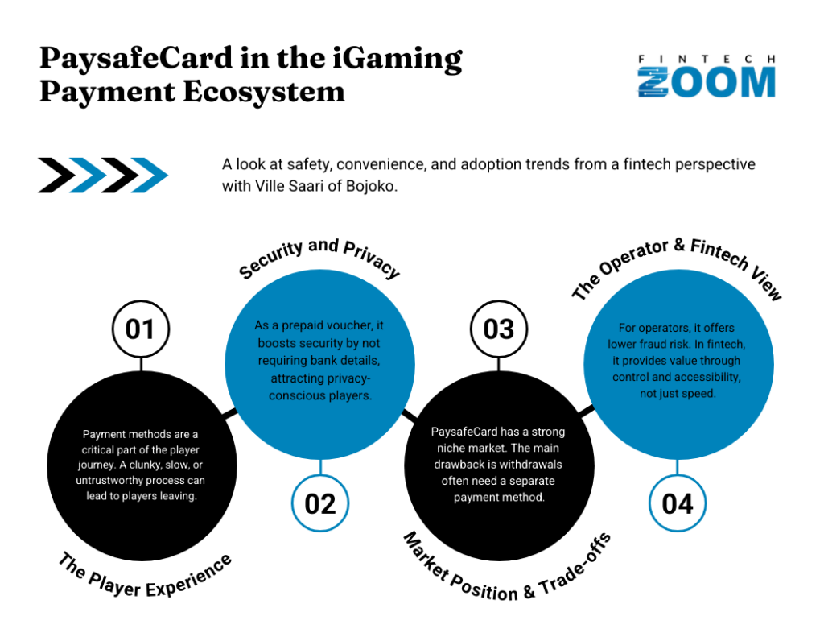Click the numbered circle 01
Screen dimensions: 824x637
tap(141, 329)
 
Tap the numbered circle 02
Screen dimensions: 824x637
tap(320, 503)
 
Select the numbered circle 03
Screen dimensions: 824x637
tap(498, 329)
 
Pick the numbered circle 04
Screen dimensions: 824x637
tap(678, 503)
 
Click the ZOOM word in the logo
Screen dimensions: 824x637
tap(707, 82)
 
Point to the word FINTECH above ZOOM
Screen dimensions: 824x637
tap(707, 59)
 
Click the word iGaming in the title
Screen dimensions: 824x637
tap(398, 59)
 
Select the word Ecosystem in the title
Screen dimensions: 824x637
tap(264, 92)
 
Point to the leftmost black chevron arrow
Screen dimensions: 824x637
tap(56, 176)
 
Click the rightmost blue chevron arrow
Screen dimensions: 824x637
tap(149, 176)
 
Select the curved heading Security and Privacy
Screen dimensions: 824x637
tap(319, 257)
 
